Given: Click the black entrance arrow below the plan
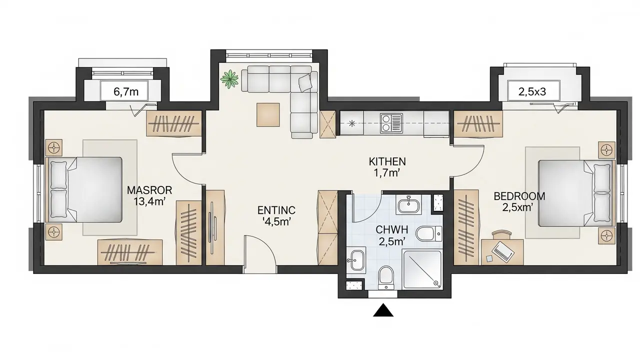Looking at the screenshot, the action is point(383,310).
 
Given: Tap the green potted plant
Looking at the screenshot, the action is point(229,78).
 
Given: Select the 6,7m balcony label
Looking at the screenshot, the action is point(126,91).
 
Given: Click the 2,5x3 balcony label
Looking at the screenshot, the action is point(532,91).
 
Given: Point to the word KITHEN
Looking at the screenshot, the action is point(387,161).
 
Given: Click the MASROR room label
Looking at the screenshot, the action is point(149,190).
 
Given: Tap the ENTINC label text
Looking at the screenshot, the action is point(276,210).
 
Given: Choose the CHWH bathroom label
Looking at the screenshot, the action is point(391,229).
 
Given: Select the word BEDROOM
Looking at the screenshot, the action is point(519,196).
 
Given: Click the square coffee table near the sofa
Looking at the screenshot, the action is point(268,115).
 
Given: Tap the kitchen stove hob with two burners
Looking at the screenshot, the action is point(391,123).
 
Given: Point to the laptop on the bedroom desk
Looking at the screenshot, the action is point(503,250).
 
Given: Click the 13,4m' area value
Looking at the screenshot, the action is point(149,201).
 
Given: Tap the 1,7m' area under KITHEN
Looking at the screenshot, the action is point(387,173).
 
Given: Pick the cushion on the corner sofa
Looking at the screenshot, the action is point(305,82).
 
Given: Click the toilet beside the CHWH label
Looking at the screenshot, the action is point(429,233).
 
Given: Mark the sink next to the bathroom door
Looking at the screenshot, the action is point(409,205).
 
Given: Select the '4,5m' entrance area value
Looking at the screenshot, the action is point(276,222).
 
